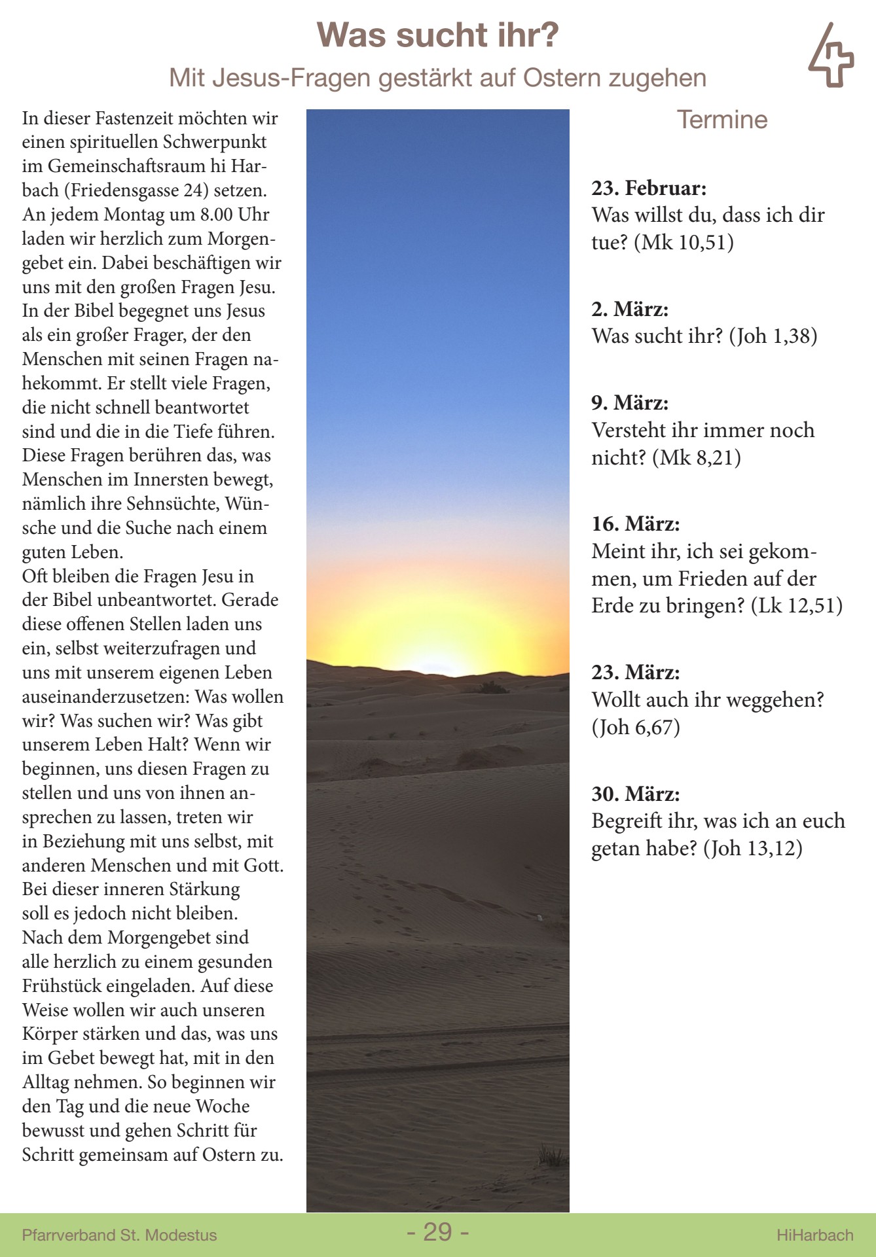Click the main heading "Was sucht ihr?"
pos(437,35)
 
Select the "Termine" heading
pos(721,120)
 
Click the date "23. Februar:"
pos(649,188)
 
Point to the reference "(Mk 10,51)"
pos(684,243)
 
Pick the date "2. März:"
pos(630,310)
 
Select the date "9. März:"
pos(630,403)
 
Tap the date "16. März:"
pos(635,524)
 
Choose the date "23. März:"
pos(635,673)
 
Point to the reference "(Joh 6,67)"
pos(636,727)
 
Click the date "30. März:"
pos(635,794)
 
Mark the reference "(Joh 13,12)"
pos(753,849)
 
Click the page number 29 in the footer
pos(437,1232)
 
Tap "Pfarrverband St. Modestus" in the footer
pos(119,1235)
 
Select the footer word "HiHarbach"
pos(814,1235)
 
